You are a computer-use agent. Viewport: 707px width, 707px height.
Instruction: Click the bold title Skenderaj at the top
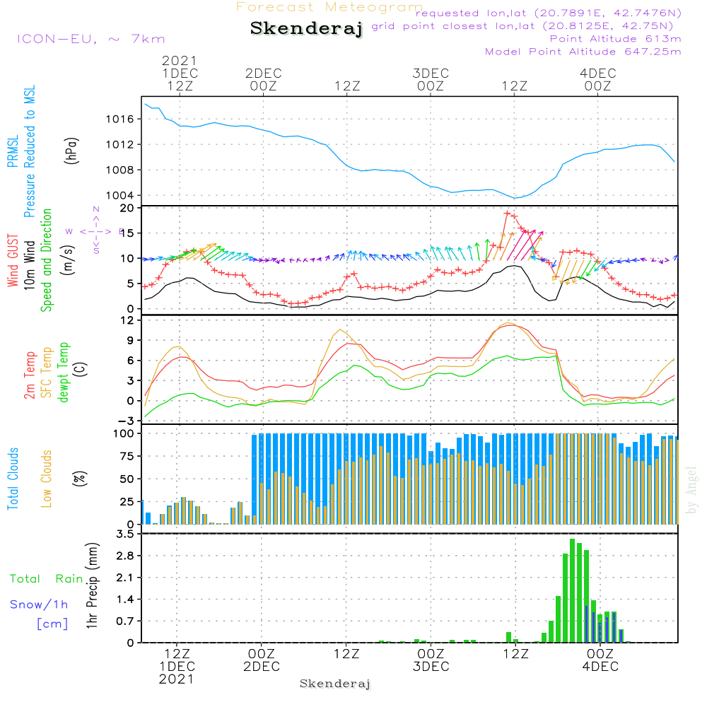coord(305,29)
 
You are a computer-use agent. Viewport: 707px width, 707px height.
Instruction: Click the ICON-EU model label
coord(90,39)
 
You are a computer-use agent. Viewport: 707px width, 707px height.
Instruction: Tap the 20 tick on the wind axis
coord(128,208)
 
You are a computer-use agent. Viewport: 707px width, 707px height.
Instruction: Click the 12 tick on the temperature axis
coord(128,320)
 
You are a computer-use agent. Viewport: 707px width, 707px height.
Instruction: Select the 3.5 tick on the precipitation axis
coord(125,534)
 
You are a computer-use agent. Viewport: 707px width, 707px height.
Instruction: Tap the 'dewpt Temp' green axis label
coord(64,372)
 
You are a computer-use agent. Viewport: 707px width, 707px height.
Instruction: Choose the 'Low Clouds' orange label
coord(47,478)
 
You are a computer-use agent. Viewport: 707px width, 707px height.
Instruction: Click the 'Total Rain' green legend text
coord(46,579)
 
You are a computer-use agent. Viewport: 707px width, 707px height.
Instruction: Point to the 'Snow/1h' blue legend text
coord(39,604)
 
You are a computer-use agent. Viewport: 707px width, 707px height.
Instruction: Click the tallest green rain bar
coord(573,590)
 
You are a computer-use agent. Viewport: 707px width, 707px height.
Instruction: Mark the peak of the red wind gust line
coord(507,213)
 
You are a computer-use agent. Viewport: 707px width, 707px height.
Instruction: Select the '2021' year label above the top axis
coord(180,61)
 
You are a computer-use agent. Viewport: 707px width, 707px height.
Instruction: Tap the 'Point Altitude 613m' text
coord(615,38)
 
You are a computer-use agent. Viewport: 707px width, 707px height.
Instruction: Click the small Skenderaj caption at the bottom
coord(335,684)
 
